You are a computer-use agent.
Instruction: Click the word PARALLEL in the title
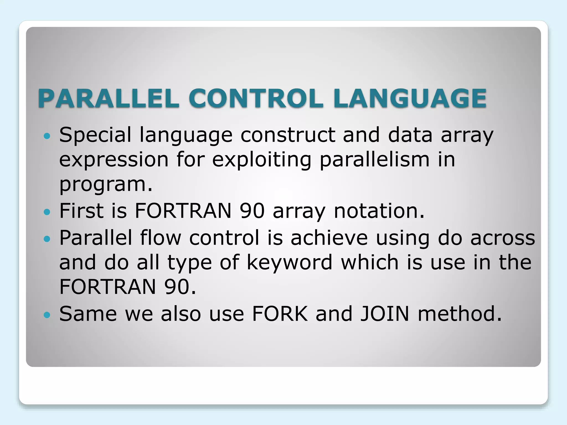[x=109, y=98]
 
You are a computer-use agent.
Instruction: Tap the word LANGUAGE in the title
[x=410, y=98]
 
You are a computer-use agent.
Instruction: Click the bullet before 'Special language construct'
[x=47, y=136]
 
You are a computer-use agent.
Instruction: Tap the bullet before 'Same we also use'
[x=47, y=315]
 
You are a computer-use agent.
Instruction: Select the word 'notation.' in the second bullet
[x=379, y=211]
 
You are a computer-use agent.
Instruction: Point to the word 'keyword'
[x=289, y=262]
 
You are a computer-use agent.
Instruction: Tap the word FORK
[x=280, y=314]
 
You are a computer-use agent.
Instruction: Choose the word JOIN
[x=385, y=314]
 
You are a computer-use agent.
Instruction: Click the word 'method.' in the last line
[x=460, y=314]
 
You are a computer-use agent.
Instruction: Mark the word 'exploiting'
[x=262, y=160]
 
